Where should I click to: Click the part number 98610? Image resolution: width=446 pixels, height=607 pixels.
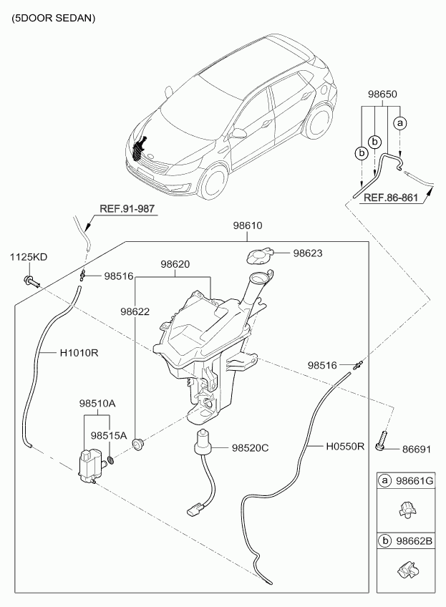[247, 226]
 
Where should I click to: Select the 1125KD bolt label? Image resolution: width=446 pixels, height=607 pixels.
[28, 256]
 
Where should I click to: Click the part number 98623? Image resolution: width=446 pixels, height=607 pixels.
[309, 252]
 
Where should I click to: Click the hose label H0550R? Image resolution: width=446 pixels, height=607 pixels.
[346, 447]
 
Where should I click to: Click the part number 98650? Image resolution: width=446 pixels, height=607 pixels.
[382, 94]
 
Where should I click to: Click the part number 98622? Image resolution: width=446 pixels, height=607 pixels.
[135, 311]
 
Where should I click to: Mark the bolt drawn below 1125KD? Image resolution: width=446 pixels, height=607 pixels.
[30, 279]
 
